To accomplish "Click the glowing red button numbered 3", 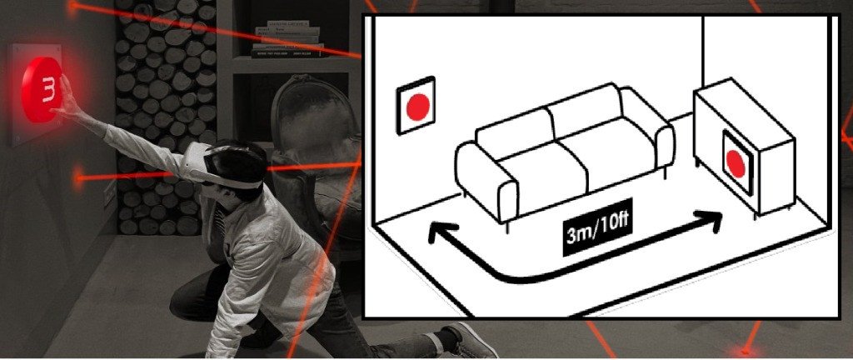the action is (42, 90).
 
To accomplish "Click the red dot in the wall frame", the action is (418, 107).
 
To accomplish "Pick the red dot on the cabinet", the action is (736, 163).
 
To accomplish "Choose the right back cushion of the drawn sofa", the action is (584, 109).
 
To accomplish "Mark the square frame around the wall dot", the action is (416, 106).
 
